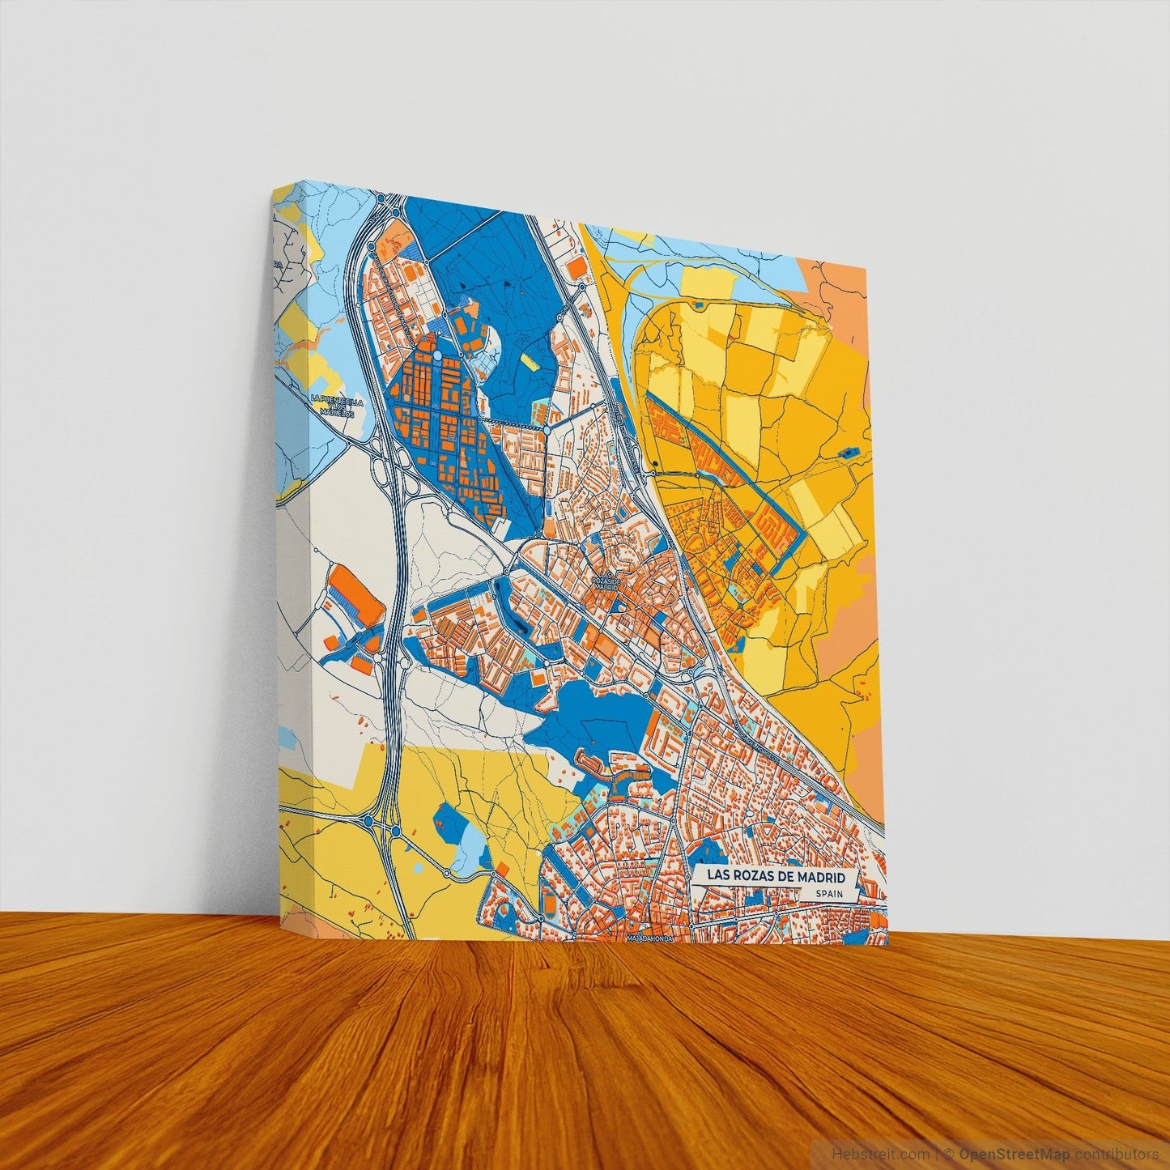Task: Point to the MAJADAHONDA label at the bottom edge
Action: click(651, 939)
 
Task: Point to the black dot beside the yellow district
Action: click(653, 464)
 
